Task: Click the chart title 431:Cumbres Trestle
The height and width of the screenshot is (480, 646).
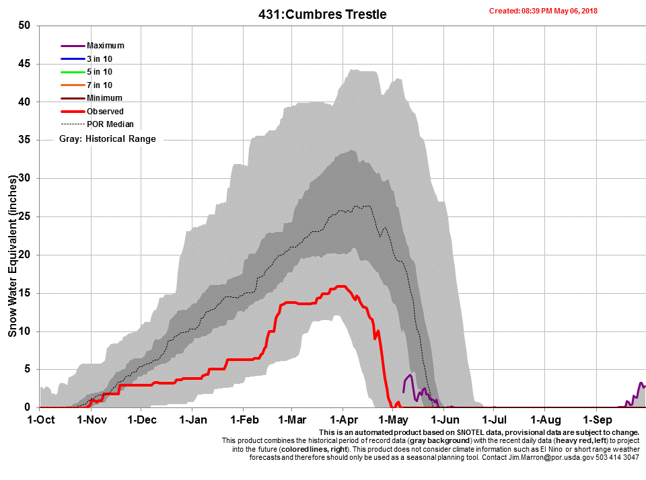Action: coord(322,14)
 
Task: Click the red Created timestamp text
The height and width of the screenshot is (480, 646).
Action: coord(543,11)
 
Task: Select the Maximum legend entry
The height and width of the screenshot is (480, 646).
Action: coord(105,46)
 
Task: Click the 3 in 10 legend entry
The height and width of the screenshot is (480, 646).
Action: coord(100,59)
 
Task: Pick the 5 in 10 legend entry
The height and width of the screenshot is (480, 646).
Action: coord(100,72)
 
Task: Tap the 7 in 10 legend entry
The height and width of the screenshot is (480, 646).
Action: coord(100,85)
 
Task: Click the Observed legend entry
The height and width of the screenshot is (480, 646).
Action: coord(105,112)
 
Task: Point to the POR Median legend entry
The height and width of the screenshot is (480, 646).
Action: coord(110,124)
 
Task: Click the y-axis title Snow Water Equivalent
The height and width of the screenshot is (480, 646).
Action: coord(13,255)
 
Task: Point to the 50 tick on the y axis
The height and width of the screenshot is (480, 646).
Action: coord(25,26)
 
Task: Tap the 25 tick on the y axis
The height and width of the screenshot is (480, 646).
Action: coord(25,216)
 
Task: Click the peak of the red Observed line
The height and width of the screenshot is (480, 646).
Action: coord(341,286)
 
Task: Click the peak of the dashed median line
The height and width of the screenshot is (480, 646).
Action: coord(367,206)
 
